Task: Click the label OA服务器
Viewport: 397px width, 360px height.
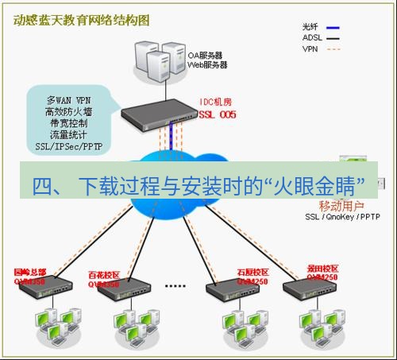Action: coord(205,56)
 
